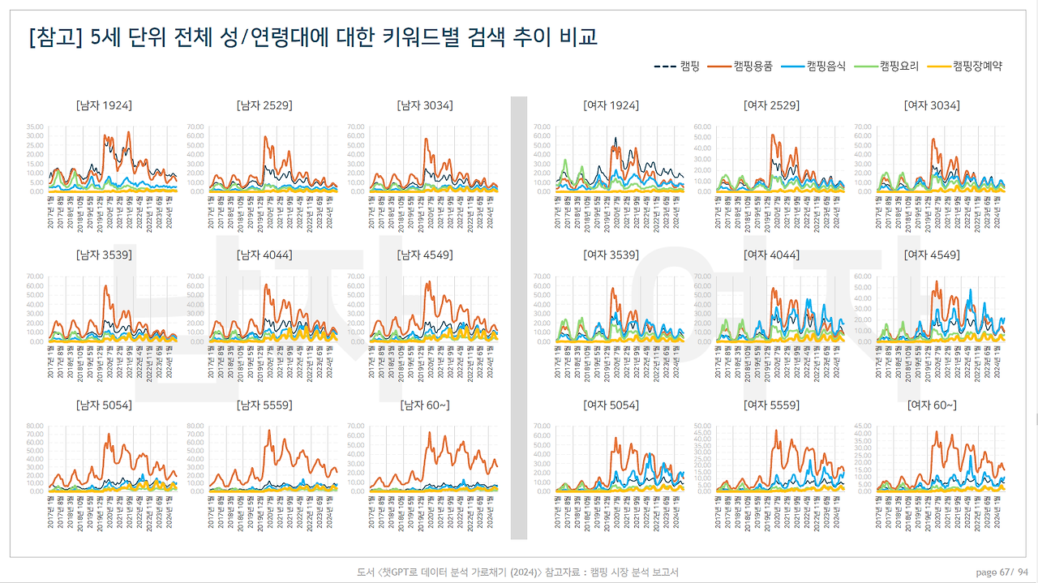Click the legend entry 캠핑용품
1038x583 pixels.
coord(753,66)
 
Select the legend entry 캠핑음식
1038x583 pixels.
coord(826,66)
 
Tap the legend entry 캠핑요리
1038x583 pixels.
coord(899,66)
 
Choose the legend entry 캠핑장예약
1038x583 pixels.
coord(977,66)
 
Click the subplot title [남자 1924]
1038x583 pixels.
coord(104,105)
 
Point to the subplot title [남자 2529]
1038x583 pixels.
coord(264,105)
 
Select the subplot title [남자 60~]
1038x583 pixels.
coord(425,405)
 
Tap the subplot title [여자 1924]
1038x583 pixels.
coord(611,105)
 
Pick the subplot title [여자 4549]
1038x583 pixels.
coord(932,255)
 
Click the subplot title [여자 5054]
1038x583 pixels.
coord(611,405)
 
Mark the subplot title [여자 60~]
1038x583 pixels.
coord(932,405)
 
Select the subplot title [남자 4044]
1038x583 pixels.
coord(264,255)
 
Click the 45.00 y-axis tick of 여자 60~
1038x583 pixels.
coord(864,426)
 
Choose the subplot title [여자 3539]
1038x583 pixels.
coord(611,255)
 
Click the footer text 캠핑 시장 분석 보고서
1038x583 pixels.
coord(634,572)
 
